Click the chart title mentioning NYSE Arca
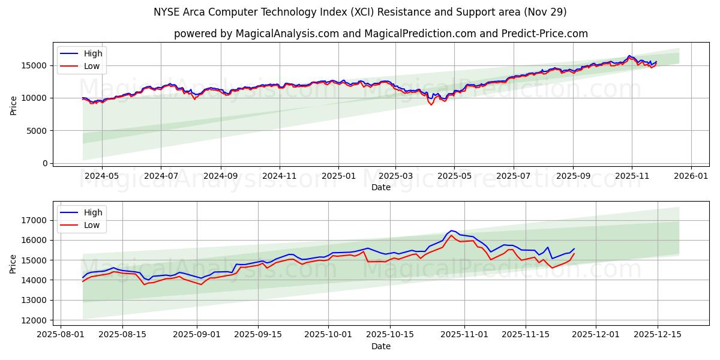click(x=360, y=12)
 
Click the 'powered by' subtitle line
click(x=381, y=34)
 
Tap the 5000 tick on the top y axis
click(x=38, y=130)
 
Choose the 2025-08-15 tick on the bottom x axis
click(x=122, y=334)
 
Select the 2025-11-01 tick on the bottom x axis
click(x=464, y=334)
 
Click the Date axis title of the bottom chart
click(x=381, y=346)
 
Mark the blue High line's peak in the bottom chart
click(x=451, y=230)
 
